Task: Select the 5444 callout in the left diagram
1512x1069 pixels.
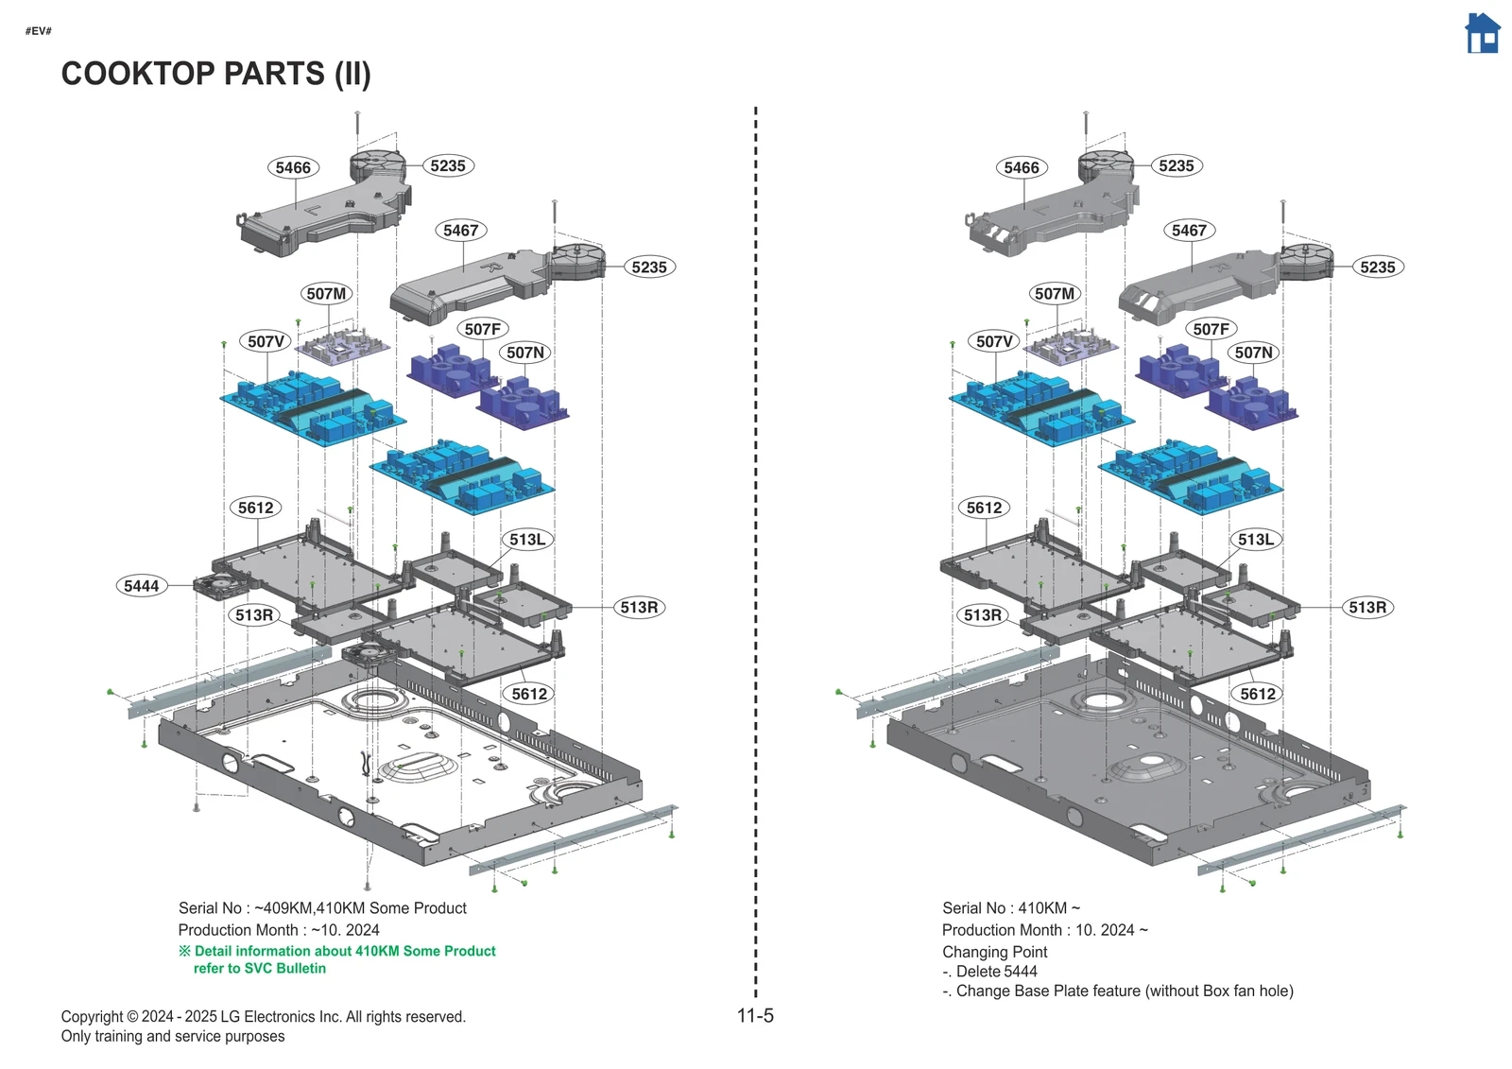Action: click(x=142, y=586)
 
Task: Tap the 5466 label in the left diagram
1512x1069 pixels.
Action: click(x=293, y=167)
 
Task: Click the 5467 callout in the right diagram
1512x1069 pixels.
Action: click(x=1189, y=230)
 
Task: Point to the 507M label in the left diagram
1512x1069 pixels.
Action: click(x=326, y=294)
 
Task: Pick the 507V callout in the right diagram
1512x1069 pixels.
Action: click(x=994, y=341)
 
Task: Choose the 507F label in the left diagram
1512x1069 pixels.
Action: click(x=482, y=329)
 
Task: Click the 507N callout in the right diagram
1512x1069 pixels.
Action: click(x=1254, y=353)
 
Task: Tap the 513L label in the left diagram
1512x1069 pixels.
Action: click(x=527, y=540)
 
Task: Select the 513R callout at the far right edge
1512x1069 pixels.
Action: click(x=1367, y=608)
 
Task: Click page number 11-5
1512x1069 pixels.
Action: click(x=755, y=1016)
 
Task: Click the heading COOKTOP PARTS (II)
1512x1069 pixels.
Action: click(x=215, y=74)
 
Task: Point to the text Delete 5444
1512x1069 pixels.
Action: click(x=996, y=972)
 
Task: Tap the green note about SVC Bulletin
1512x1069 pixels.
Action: click(x=344, y=959)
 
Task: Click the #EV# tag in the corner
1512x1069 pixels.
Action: click(x=39, y=31)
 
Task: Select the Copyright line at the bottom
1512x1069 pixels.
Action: click(x=263, y=1017)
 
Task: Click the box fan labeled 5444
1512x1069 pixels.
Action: click(x=217, y=587)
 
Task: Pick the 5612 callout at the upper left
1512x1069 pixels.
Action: click(x=255, y=508)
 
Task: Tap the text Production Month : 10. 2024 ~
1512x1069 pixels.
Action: click(x=1044, y=930)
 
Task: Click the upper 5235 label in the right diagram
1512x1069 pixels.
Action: click(x=1177, y=165)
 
